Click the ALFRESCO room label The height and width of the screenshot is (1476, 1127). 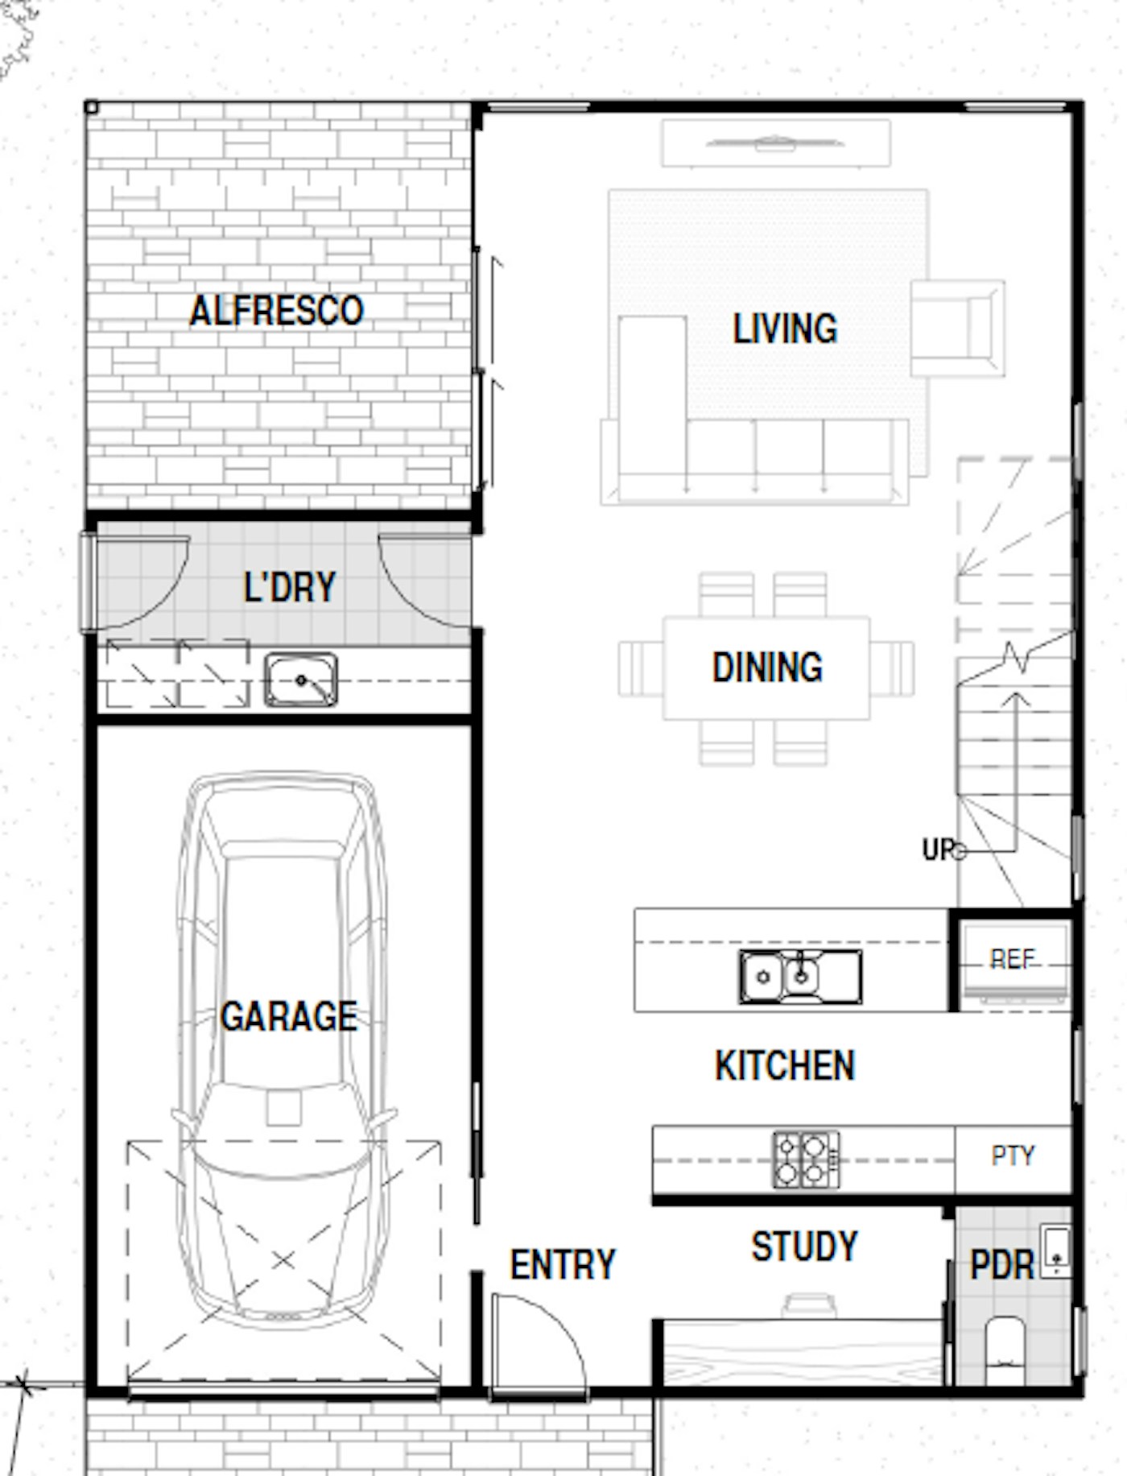point(276,312)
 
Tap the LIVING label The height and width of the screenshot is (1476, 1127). point(785,329)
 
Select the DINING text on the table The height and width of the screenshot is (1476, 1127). point(767,668)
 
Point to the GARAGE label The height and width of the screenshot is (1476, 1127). point(289,1016)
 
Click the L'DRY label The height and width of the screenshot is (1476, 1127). point(290,587)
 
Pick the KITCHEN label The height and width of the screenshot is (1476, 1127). point(785,1065)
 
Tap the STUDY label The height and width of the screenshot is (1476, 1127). point(804,1247)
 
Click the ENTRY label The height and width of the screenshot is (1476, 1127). point(563,1265)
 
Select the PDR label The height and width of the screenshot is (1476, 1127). point(1001,1265)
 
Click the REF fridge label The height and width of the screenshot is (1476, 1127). point(1012,959)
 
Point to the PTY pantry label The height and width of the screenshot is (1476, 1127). point(1013,1156)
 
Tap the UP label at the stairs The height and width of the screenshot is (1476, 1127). point(938,850)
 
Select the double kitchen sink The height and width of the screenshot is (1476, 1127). point(800,977)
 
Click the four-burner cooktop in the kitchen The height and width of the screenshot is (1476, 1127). point(806,1160)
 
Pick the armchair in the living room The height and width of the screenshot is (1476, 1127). point(957,328)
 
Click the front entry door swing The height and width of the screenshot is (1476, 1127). point(539,1341)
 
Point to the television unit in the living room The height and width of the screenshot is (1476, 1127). point(776,144)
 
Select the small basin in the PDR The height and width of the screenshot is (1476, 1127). point(1056,1251)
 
